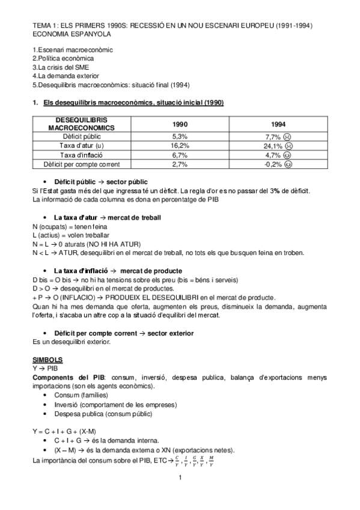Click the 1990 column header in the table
pyautogui.click(x=180, y=124)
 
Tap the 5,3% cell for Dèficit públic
pyautogui.click(x=180, y=137)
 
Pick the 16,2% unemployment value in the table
pyautogui.click(x=180, y=146)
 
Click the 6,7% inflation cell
pyautogui.click(x=180, y=155)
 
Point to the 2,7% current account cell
pyautogui.click(x=180, y=164)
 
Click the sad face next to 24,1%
pyautogui.click(x=288, y=146)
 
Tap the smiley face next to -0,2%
pyautogui.click(x=288, y=164)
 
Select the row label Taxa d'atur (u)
pyautogui.click(x=82, y=146)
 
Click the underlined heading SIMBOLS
pyautogui.click(x=48, y=359)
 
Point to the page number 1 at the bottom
pyautogui.click(x=180, y=478)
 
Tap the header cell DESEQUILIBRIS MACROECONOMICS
pyautogui.click(x=82, y=124)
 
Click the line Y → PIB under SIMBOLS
pyautogui.click(x=44, y=367)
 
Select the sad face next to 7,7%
pyautogui.click(x=288, y=137)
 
